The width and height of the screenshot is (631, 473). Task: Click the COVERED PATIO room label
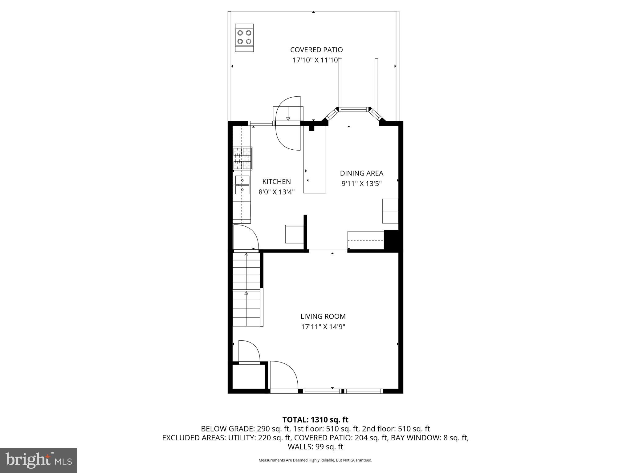(x=316, y=50)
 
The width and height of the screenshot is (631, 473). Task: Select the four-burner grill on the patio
(x=244, y=37)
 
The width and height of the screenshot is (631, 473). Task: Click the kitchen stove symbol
(x=242, y=158)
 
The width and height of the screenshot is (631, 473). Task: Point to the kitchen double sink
(x=242, y=185)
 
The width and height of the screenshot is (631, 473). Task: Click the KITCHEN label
(x=276, y=182)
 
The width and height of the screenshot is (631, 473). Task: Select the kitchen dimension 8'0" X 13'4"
(x=276, y=192)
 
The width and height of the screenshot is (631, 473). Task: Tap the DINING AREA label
(x=361, y=173)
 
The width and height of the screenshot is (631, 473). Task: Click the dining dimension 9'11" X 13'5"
(x=361, y=184)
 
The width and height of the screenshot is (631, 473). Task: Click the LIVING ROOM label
(x=323, y=316)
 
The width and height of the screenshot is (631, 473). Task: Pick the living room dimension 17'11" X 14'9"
(x=323, y=327)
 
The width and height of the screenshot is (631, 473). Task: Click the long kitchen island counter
(x=315, y=160)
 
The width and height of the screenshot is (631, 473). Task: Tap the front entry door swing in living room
(x=283, y=376)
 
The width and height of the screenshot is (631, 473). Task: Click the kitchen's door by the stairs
(x=245, y=237)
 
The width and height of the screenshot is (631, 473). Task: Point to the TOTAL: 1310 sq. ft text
(x=315, y=420)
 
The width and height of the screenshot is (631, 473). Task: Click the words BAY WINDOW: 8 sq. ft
(x=429, y=438)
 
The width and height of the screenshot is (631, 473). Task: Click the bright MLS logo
(x=39, y=460)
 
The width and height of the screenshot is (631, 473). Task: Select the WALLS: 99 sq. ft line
(x=315, y=447)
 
